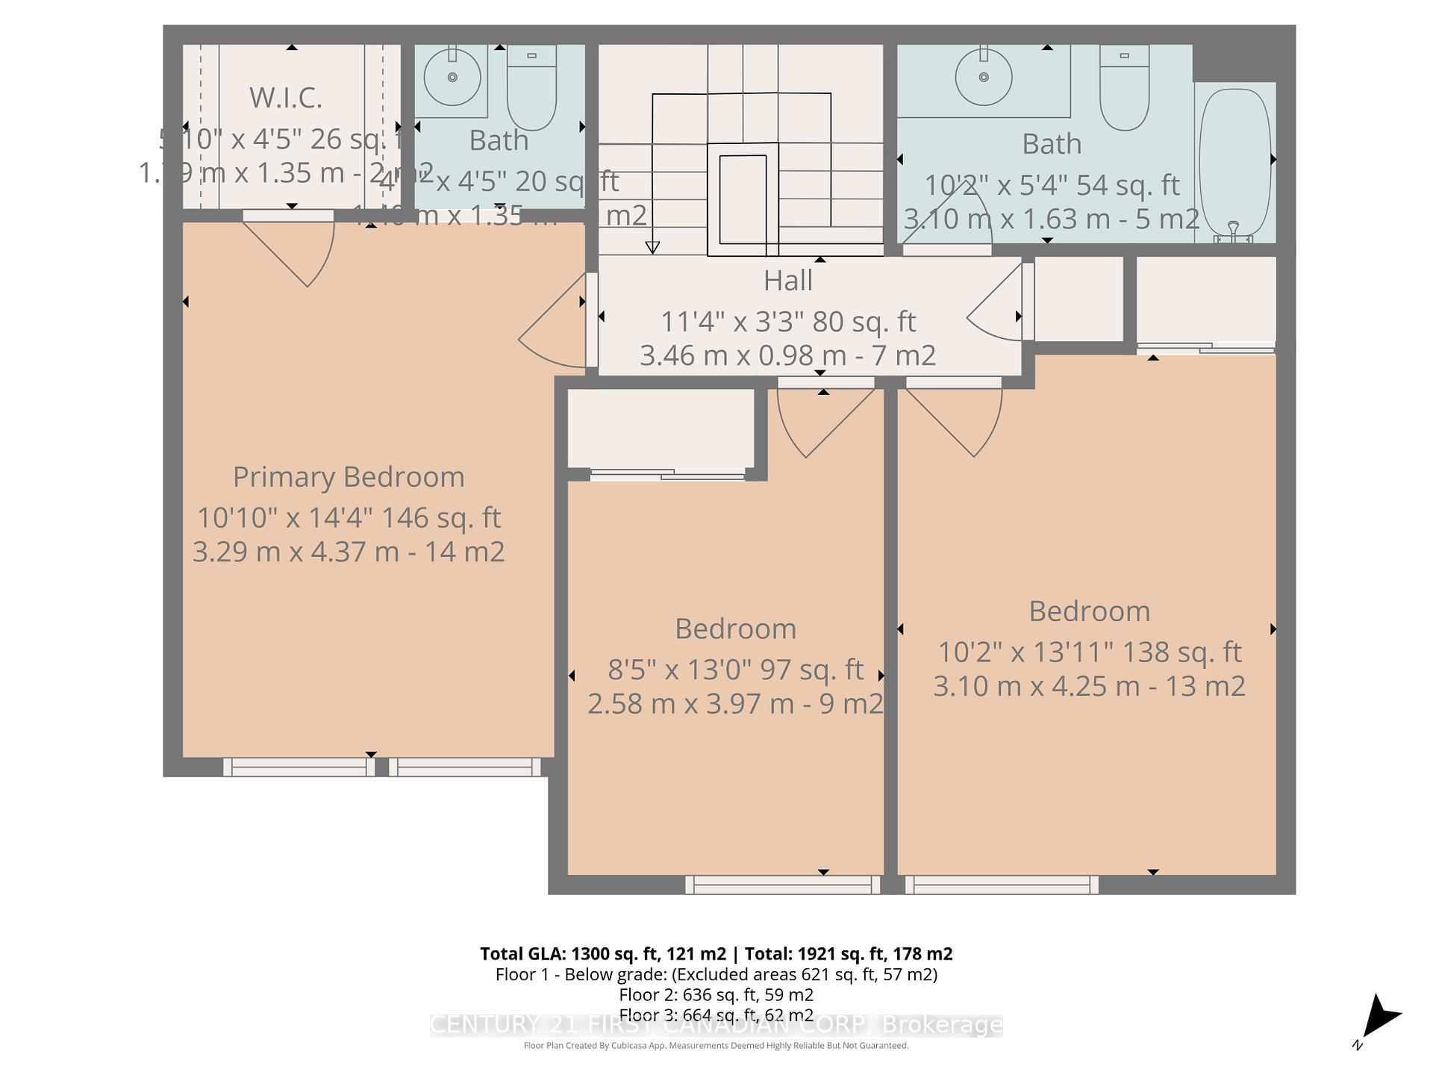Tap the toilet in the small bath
coord(531,88)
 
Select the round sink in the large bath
coord(984,77)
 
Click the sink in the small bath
coord(452,77)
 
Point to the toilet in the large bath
coord(1124,88)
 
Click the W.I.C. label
coord(285,98)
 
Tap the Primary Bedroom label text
coord(349,477)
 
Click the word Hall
coord(787,281)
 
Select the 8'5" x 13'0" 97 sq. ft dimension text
coord(735,670)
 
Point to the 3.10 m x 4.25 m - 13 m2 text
coord(1089,686)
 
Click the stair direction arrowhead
coord(652,248)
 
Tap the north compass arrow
coord(1379,1018)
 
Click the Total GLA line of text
coord(716,954)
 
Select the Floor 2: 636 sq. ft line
coord(716,995)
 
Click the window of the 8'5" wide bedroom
coord(782,885)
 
